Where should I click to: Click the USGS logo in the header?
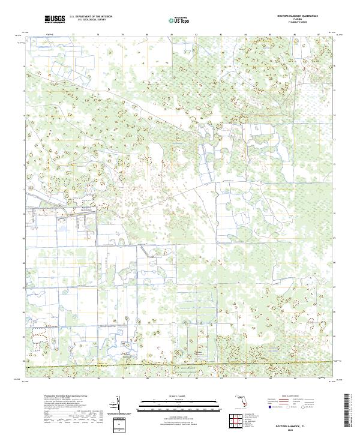(x=55, y=19)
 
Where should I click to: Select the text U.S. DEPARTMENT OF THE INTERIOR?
(x=91, y=17)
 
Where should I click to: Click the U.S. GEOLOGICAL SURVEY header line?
(x=91, y=20)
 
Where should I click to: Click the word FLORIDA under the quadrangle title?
(x=297, y=20)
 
